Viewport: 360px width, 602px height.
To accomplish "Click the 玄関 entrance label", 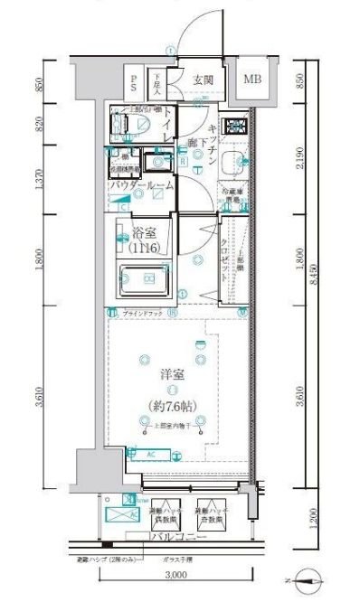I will click(x=204, y=80).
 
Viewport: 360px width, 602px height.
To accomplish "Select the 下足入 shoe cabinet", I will click(x=156, y=84).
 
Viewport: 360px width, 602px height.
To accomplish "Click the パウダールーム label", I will click(x=142, y=185).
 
